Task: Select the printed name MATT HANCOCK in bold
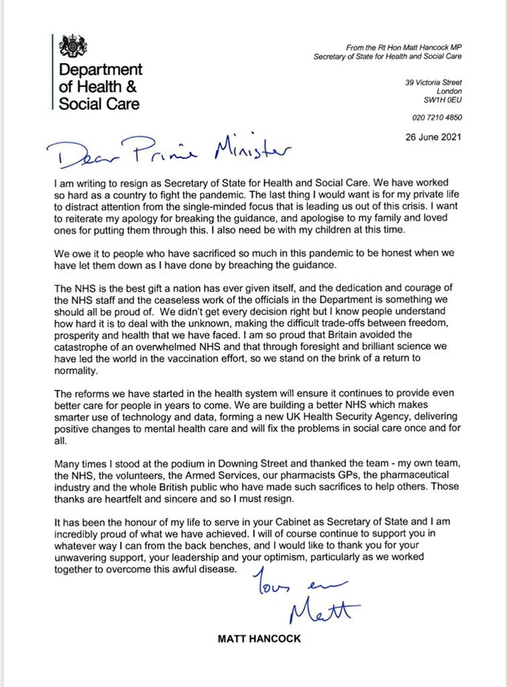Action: point(260,639)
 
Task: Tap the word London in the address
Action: point(449,91)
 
